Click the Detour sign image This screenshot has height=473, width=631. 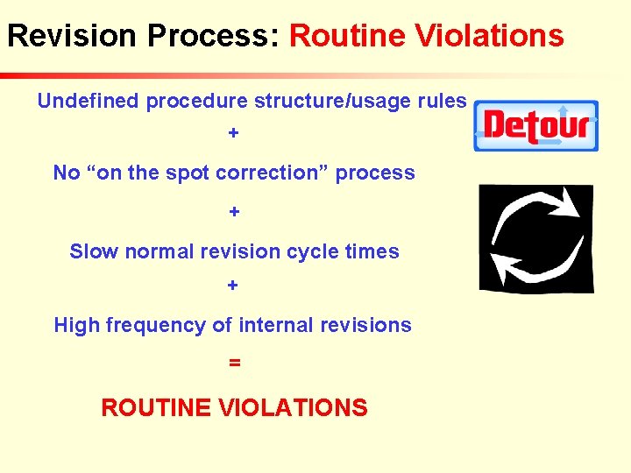536,125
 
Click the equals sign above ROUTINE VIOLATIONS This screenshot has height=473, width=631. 234,362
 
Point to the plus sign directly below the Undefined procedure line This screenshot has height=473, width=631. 233,133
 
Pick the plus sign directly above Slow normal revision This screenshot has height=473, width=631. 234,212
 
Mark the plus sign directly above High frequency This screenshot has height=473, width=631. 233,286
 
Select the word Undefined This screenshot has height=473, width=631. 88,102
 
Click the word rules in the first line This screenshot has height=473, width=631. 442,102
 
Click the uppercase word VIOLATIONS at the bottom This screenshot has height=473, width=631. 293,408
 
